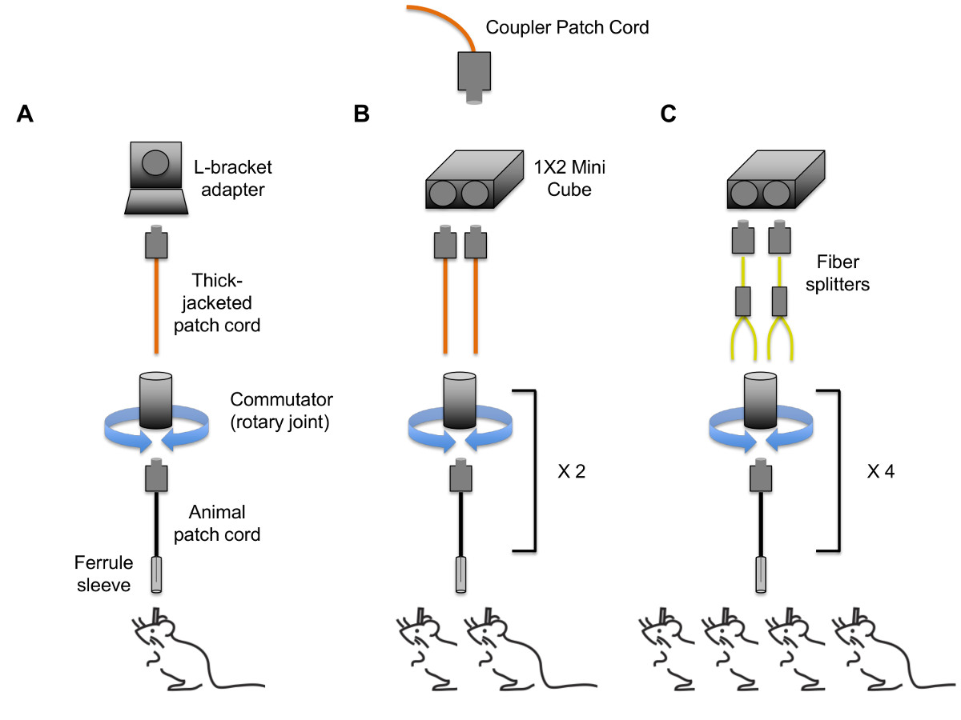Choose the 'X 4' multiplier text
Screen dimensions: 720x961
coord(879,471)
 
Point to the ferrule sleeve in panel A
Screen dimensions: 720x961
coord(157,574)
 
